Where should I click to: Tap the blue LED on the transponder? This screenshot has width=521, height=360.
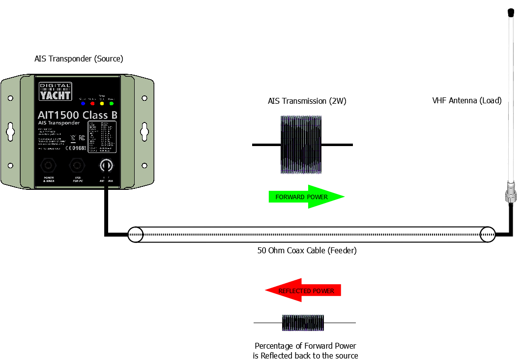pyautogui.click(x=83, y=104)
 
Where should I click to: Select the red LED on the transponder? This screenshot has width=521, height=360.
pyautogui.click(x=92, y=104)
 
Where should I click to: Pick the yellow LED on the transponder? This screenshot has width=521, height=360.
pyautogui.click(x=102, y=104)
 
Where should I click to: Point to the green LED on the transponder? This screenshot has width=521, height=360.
pyautogui.click(x=111, y=104)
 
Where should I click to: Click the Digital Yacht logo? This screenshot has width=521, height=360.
pyautogui.click(x=56, y=91)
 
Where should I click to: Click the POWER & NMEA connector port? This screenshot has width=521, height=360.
pyautogui.click(x=48, y=164)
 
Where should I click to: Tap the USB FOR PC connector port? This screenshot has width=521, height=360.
pyautogui.click(x=77, y=164)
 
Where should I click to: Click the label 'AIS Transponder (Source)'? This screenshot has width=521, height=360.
pyautogui.click(x=79, y=59)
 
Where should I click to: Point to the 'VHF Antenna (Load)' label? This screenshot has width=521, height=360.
pyautogui.click(x=466, y=101)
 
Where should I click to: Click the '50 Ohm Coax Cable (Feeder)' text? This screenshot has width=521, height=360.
pyautogui.click(x=307, y=250)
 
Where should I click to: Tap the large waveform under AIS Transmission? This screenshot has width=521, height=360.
pyautogui.click(x=301, y=145)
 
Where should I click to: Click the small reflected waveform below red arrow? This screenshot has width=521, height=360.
pyautogui.click(x=303, y=323)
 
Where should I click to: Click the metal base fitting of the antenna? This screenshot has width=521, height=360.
pyautogui.click(x=511, y=193)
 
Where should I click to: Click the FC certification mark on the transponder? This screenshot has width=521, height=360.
pyautogui.click(x=82, y=138)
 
